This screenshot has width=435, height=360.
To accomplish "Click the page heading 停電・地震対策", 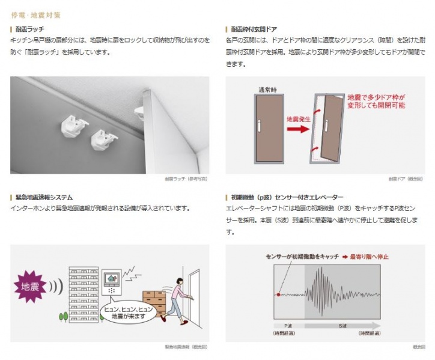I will coord(35,14).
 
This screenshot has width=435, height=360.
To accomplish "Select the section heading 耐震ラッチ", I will coord(30,29).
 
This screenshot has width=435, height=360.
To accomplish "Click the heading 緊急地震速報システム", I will coord(42,197).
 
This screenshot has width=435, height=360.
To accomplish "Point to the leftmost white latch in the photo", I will coord(71,126).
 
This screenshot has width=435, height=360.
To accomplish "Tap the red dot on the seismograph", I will coord(278,294).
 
